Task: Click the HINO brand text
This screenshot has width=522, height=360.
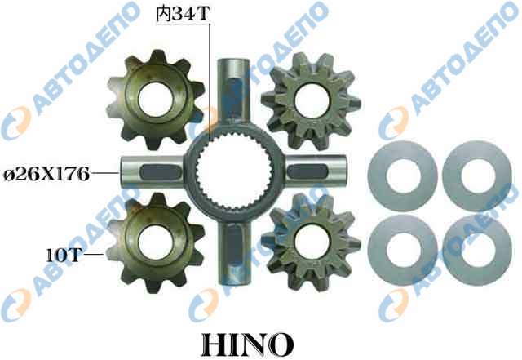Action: [248, 344]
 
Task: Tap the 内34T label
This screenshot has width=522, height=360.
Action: [183, 15]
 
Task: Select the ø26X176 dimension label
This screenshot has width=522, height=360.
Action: [46, 175]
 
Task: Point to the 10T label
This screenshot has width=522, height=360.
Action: [64, 256]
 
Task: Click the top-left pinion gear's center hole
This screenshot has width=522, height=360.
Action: [155, 99]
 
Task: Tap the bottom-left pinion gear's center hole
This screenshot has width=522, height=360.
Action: [155, 242]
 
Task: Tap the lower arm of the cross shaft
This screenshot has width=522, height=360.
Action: [233, 252]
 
